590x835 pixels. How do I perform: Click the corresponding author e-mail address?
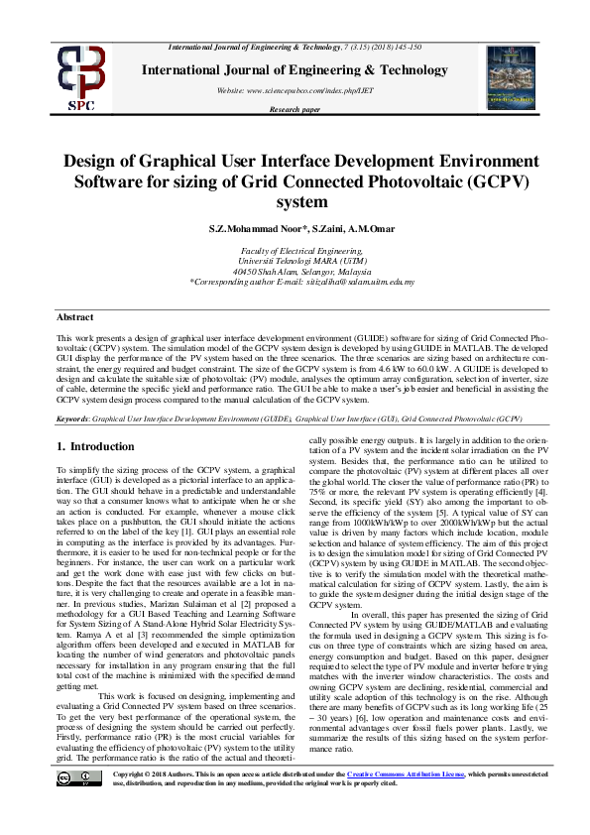[x=354, y=283]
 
